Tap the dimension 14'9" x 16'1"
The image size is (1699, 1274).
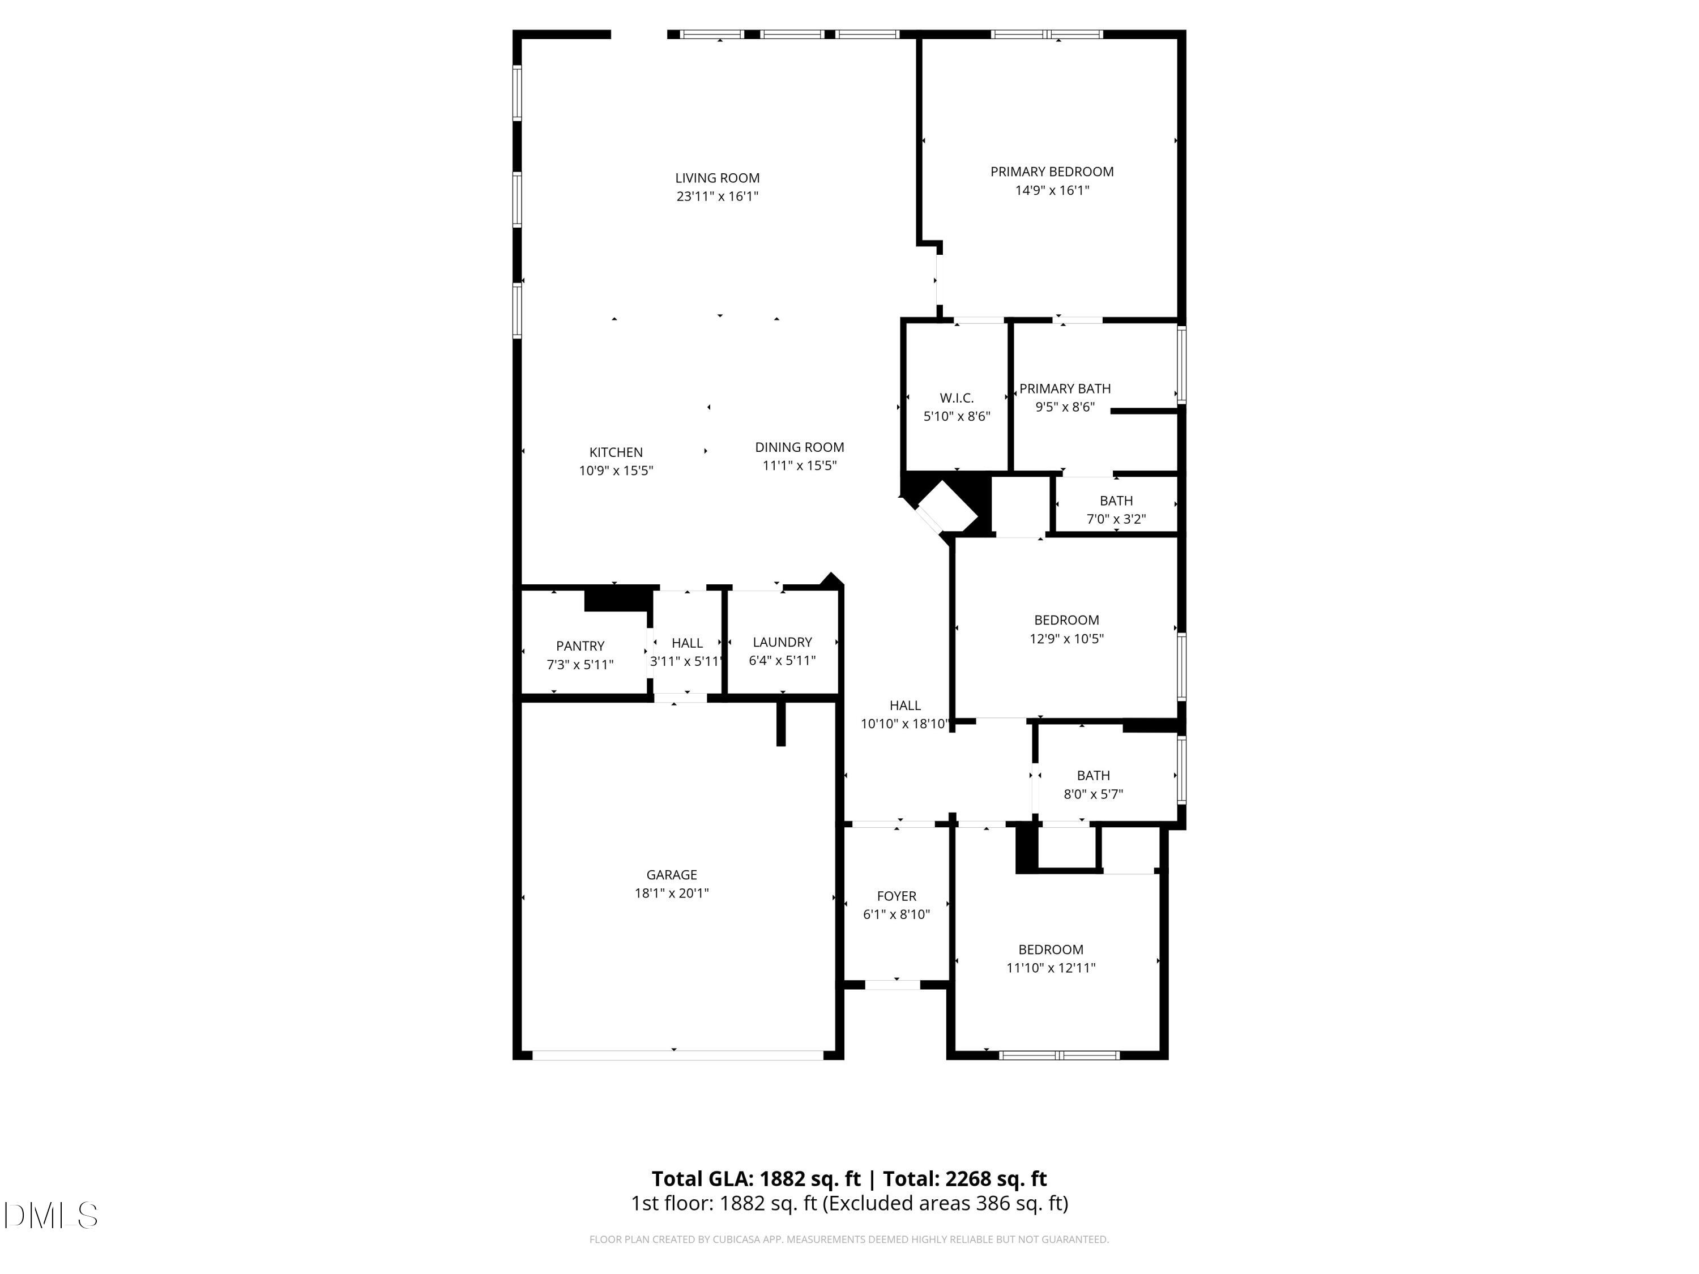1052,190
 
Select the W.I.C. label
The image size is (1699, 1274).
957,398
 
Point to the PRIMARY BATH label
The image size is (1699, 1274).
1065,388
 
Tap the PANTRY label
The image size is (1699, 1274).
580,646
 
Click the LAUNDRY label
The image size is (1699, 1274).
782,642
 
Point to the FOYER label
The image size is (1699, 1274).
897,896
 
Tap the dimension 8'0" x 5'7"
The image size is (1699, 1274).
1093,794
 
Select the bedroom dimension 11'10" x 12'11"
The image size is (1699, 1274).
1050,968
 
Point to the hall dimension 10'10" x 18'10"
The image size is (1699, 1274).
905,724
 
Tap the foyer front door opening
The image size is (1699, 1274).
893,985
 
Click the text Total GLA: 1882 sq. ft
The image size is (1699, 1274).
756,1179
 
